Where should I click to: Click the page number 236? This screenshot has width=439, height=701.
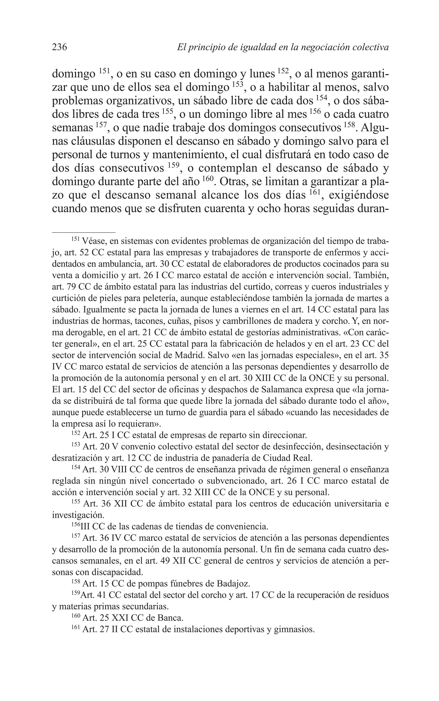pos(60,47)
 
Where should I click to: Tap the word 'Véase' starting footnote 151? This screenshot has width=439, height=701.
pos(92,241)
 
